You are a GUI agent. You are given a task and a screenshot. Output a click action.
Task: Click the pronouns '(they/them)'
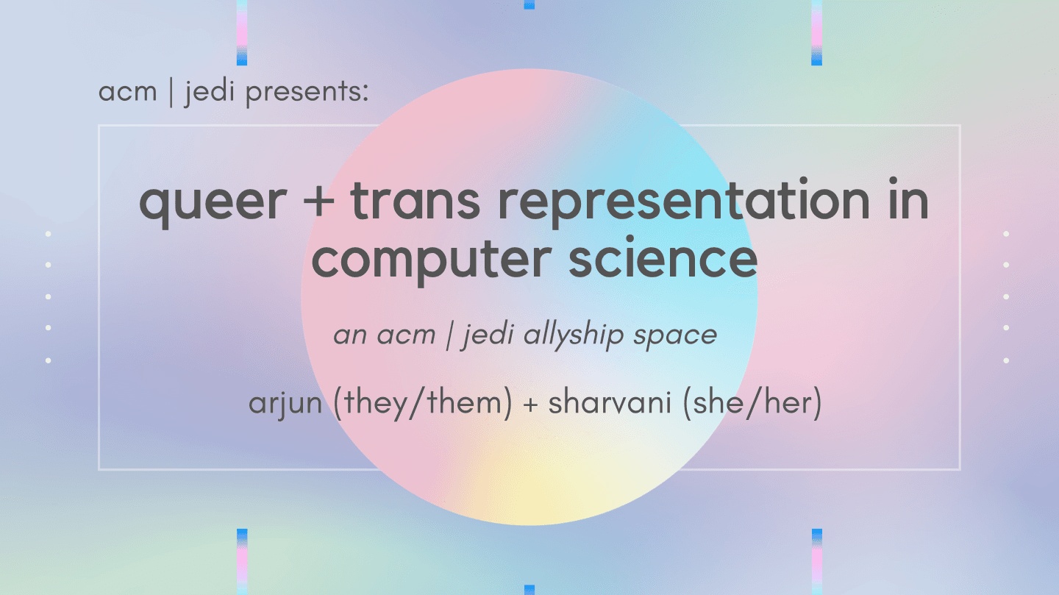click(x=422, y=405)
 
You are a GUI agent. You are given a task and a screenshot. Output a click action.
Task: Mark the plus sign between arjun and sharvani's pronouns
click(x=530, y=405)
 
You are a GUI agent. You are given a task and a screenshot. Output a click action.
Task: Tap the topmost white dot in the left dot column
click(x=49, y=234)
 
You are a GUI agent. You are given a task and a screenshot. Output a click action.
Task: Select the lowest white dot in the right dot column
click(x=1006, y=360)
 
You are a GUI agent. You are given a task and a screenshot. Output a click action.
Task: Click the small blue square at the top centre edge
click(x=529, y=4)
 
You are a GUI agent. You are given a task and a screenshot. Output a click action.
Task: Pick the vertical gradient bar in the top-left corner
click(x=242, y=32)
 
